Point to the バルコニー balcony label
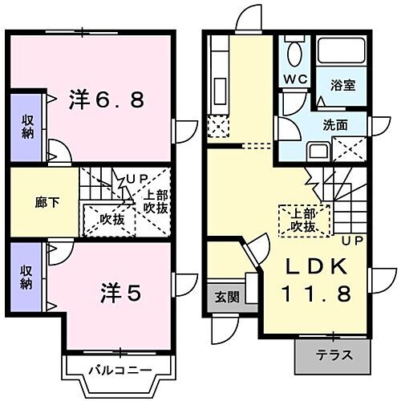point(119,370)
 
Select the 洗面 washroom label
point(334,125)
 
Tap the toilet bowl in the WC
point(293,55)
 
